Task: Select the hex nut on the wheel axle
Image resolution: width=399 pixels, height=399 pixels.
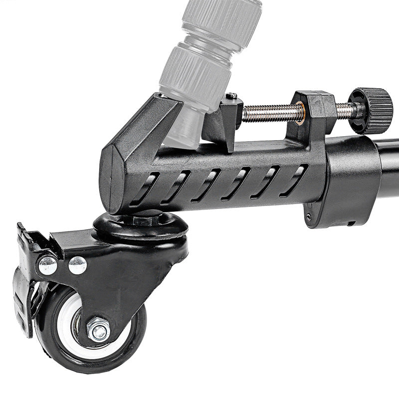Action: [x=98, y=330]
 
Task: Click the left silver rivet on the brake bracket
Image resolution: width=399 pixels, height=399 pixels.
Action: [x=48, y=265]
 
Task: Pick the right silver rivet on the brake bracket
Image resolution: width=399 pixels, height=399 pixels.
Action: [x=77, y=265]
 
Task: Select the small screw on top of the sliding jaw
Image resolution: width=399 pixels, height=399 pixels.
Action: [x=231, y=95]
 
